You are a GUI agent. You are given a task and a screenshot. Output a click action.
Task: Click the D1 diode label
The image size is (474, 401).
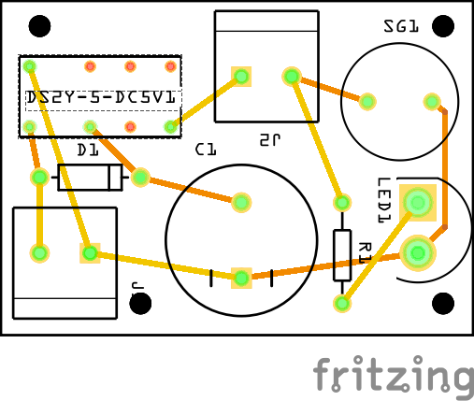[x=87, y=150]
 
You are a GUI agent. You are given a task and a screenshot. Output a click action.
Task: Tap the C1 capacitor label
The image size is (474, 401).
[x=206, y=149]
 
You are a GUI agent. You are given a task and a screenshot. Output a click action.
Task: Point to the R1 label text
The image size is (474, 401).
[x=365, y=251]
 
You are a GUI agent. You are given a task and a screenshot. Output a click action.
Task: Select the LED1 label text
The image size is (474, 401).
[x=383, y=200]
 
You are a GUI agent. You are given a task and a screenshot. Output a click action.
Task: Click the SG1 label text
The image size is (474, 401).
[x=400, y=27]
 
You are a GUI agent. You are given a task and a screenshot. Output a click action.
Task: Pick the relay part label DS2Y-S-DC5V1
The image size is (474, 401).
[x=100, y=96]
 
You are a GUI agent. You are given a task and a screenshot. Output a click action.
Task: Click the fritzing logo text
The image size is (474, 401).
[x=393, y=376]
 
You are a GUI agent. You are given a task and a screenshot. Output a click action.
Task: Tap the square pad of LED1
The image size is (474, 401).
[x=417, y=202]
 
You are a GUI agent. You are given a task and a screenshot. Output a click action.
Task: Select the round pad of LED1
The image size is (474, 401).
[x=417, y=251]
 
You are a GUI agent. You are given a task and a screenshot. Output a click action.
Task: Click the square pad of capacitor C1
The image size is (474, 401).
[x=241, y=277]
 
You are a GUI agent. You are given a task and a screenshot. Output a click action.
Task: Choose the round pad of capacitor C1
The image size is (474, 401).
[x=241, y=201]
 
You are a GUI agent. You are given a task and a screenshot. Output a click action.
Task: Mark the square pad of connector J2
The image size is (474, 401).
[x=241, y=76]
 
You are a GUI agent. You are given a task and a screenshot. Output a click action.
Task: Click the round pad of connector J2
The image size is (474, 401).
[x=292, y=76]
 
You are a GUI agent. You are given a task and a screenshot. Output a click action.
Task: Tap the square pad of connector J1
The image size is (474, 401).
[x=89, y=252]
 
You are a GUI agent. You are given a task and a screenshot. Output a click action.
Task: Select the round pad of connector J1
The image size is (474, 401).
[x=39, y=252]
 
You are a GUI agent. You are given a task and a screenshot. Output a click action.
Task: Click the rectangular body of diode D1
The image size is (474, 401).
[x=91, y=177]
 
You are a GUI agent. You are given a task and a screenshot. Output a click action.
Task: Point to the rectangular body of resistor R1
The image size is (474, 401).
[x=342, y=253]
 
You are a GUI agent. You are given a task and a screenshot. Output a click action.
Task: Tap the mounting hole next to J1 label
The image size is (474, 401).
[x=142, y=303]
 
